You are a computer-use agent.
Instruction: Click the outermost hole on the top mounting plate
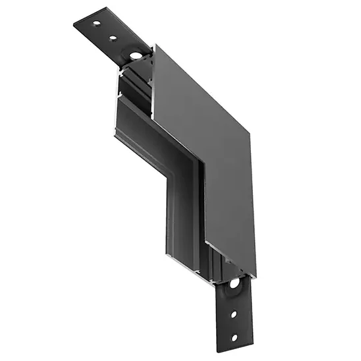click(x=96, y=24)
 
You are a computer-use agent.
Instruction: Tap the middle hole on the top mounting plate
click(x=113, y=37)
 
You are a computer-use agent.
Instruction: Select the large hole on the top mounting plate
click(x=135, y=53)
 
